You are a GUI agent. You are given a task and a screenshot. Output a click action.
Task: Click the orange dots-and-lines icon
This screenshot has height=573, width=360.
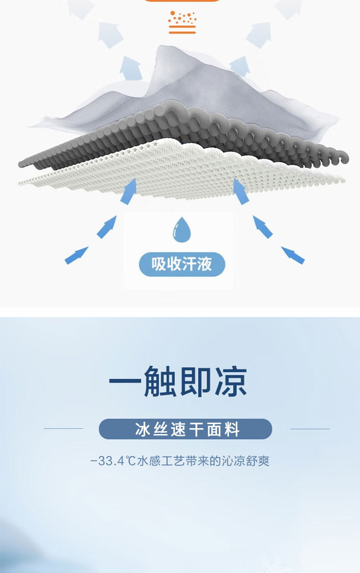pyautogui.click(x=182, y=22)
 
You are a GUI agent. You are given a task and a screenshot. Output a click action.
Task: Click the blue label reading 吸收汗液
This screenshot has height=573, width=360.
pyautogui.click(x=182, y=264)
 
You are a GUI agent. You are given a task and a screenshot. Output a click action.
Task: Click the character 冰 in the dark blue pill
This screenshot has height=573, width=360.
pyautogui.click(x=141, y=429)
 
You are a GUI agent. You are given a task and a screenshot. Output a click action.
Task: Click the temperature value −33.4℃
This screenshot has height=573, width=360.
pyautogui.click(x=113, y=461)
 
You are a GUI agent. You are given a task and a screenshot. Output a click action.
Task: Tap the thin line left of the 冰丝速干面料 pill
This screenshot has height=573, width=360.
pyautogui.click(x=63, y=429)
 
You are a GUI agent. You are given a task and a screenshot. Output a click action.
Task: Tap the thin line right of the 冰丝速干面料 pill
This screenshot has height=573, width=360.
pyautogui.click(x=310, y=429)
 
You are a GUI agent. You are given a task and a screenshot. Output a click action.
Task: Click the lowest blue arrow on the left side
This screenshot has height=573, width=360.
pyautogui.click(x=76, y=256)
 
